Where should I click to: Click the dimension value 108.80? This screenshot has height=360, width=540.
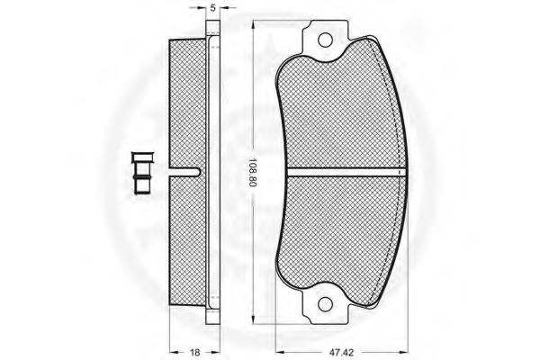253,172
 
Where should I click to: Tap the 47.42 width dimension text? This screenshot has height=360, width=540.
341,352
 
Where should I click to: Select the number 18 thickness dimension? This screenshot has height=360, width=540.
195,352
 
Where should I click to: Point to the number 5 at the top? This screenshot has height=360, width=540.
212,8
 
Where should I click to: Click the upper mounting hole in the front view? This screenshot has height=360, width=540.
325,40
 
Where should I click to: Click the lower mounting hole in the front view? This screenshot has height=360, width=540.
325,304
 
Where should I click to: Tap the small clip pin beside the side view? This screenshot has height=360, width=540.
141,174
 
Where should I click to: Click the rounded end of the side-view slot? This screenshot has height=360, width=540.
197,172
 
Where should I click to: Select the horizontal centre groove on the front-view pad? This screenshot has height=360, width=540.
347,172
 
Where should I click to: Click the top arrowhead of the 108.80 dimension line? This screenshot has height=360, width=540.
253,25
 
